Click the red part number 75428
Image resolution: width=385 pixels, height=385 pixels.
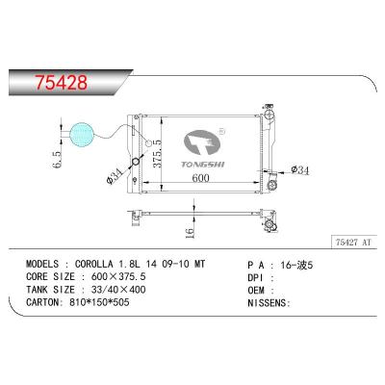61,83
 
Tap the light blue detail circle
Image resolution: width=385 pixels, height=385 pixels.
82,135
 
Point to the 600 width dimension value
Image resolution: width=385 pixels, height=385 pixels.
200,178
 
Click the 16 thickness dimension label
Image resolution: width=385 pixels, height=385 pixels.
190,233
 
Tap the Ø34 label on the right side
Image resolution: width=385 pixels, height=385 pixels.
300,169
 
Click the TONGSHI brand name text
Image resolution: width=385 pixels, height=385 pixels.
203,165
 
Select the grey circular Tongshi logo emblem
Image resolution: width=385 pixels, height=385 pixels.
202,143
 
